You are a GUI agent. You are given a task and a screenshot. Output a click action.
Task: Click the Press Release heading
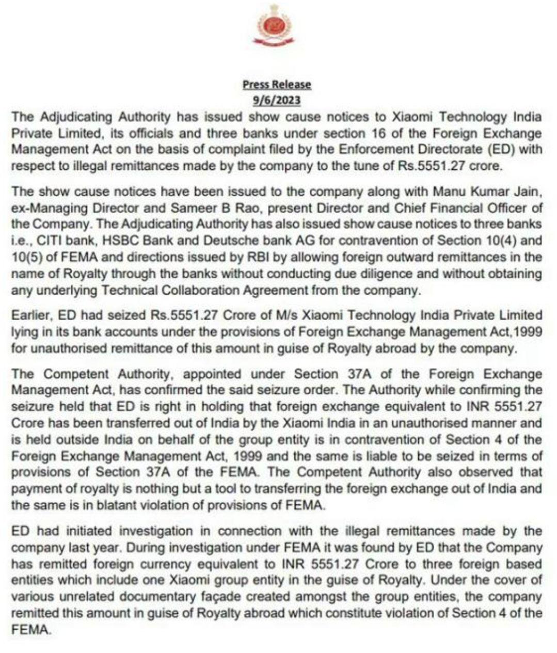[x=277, y=84]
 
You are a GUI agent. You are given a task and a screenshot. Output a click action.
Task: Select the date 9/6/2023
[x=277, y=100]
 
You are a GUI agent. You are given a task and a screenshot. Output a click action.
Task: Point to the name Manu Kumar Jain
[x=487, y=191]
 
